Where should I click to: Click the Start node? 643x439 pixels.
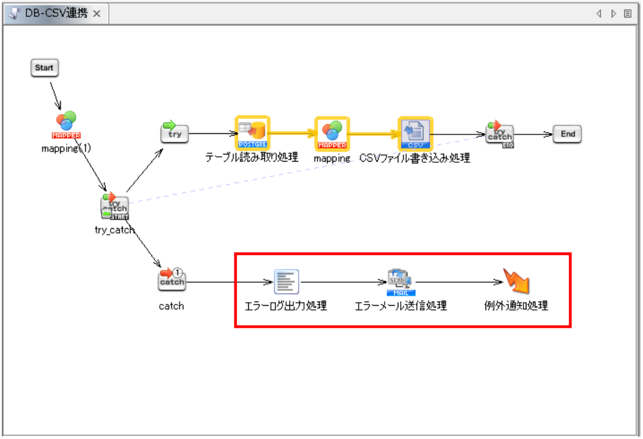[44, 68]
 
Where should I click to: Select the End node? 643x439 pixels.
[567, 134]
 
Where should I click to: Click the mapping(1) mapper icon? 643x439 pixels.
[66, 124]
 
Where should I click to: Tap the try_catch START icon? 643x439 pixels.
[114, 207]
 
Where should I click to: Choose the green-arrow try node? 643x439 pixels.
[174, 132]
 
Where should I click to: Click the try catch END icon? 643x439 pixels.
[499, 134]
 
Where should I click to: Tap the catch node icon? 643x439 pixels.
[172, 279]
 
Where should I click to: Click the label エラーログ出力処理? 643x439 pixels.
[286, 306]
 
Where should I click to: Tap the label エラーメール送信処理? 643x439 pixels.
[401, 306]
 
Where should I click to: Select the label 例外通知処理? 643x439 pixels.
[516, 306]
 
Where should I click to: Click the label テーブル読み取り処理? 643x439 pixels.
[252, 159]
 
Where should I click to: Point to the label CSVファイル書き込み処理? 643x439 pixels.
[415, 159]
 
